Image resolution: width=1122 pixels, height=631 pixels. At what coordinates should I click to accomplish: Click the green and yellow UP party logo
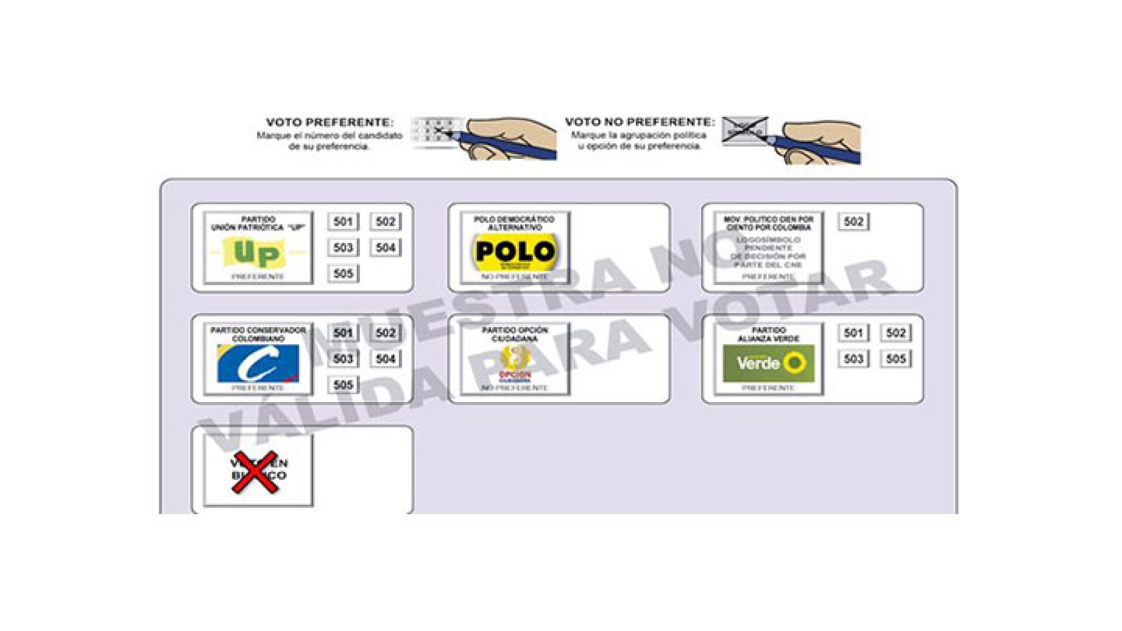tap(258, 252)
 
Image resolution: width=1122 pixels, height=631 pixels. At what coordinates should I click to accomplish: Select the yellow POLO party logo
tap(514, 252)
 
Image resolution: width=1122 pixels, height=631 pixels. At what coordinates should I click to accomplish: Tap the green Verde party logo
tap(768, 363)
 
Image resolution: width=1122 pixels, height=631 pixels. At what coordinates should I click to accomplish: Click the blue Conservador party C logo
tap(258, 363)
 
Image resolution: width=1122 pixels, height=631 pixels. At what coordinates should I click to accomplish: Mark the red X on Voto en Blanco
tap(255, 471)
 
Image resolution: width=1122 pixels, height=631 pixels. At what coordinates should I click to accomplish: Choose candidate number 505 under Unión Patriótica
tap(343, 273)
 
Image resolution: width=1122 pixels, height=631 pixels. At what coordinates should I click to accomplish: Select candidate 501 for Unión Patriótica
tap(343, 221)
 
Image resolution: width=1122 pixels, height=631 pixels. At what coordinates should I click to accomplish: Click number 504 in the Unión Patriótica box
tap(386, 248)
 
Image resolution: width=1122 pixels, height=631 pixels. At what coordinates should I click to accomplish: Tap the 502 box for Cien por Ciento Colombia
tap(853, 221)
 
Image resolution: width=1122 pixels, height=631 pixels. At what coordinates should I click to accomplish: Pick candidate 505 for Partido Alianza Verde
tap(896, 359)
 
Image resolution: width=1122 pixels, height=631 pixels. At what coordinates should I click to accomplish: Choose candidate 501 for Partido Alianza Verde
tap(853, 333)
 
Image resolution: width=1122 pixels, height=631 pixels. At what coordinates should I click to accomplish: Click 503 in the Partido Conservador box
tap(343, 359)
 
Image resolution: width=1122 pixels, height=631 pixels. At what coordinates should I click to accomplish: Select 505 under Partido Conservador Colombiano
tap(343, 384)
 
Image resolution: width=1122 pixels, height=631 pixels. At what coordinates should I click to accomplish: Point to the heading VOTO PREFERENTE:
tap(330, 123)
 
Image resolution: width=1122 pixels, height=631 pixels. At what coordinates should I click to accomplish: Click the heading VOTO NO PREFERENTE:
tap(639, 122)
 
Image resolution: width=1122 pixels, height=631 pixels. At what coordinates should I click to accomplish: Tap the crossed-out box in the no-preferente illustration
tap(744, 130)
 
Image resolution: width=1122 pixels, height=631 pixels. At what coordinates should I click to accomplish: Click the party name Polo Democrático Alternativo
tap(514, 223)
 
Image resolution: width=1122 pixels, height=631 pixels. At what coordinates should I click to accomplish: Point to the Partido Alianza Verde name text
tap(768, 334)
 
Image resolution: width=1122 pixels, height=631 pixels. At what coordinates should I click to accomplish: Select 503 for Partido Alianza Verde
tap(853, 359)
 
